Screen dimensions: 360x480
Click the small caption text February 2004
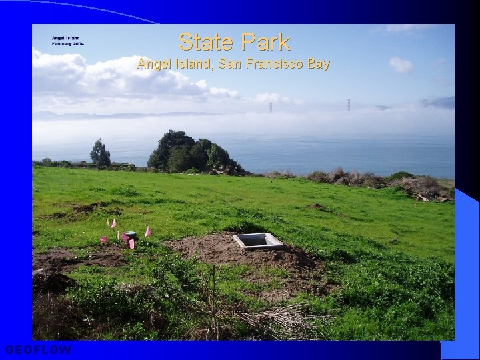click(x=68, y=43)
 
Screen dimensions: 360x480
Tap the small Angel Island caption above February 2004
click(x=66, y=38)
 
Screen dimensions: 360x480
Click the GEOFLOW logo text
click(x=38, y=350)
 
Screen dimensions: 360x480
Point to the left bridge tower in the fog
click(x=271, y=107)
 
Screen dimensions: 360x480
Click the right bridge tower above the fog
click(x=348, y=105)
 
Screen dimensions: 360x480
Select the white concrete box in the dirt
click(x=257, y=241)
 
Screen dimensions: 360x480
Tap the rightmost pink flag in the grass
click(x=148, y=231)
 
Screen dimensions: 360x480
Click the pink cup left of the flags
click(x=103, y=239)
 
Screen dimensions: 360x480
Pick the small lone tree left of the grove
click(x=100, y=154)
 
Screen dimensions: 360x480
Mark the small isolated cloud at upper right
click(x=401, y=65)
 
